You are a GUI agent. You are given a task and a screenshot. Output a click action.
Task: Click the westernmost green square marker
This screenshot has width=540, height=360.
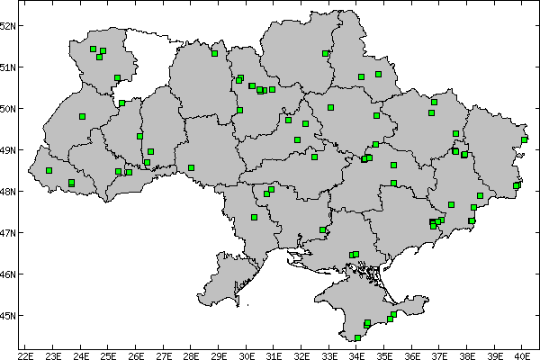click(x=49, y=170)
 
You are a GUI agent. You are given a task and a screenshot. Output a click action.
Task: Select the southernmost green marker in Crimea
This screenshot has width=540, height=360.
click(x=357, y=337)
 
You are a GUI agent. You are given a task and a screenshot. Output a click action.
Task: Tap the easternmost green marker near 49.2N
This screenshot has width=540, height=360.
click(x=524, y=139)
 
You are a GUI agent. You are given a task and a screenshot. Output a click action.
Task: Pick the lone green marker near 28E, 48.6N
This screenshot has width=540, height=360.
click(x=192, y=167)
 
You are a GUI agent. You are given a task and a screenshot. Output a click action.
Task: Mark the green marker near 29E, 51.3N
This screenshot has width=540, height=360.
click(x=214, y=53)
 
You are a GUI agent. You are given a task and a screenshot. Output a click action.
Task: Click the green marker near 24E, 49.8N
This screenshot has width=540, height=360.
click(x=82, y=116)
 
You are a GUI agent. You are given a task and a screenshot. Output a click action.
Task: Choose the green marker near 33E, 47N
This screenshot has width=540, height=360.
click(x=322, y=229)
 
